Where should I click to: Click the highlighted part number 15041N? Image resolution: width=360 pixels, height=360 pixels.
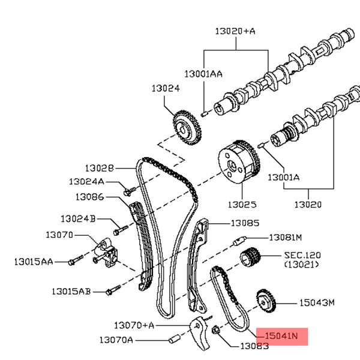click(281, 337)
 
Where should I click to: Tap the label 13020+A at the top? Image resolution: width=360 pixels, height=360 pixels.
click(236, 29)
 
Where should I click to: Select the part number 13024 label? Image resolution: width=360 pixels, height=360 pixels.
click(165, 88)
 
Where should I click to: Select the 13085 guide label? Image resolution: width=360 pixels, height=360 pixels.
click(245, 223)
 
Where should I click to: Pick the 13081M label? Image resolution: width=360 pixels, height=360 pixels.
click(285, 237)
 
